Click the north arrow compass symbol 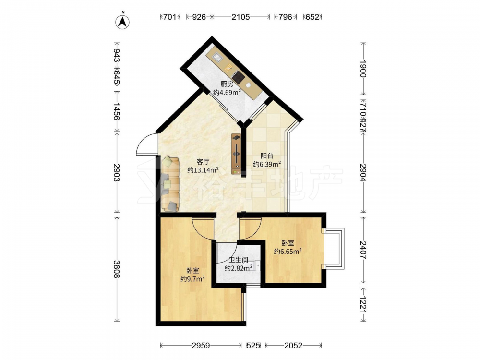pos(122,22)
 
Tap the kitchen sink pos(218,57)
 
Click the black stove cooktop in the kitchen pos(238,76)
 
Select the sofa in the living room pos(170,184)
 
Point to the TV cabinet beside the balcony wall pos(236,154)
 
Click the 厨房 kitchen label pos(227,84)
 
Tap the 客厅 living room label pos(203,162)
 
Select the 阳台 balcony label pos(267,156)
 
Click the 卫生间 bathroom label pos(239,260)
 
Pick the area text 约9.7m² pos(192,279)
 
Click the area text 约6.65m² pos(288,252)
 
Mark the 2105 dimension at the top pos(240,17)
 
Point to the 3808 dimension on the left pos(116,269)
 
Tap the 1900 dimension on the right pos(363,69)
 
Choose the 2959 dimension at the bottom pos(201,346)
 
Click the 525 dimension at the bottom pos(253,346)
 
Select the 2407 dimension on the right pos(363,251)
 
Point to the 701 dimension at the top pos(169,17)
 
